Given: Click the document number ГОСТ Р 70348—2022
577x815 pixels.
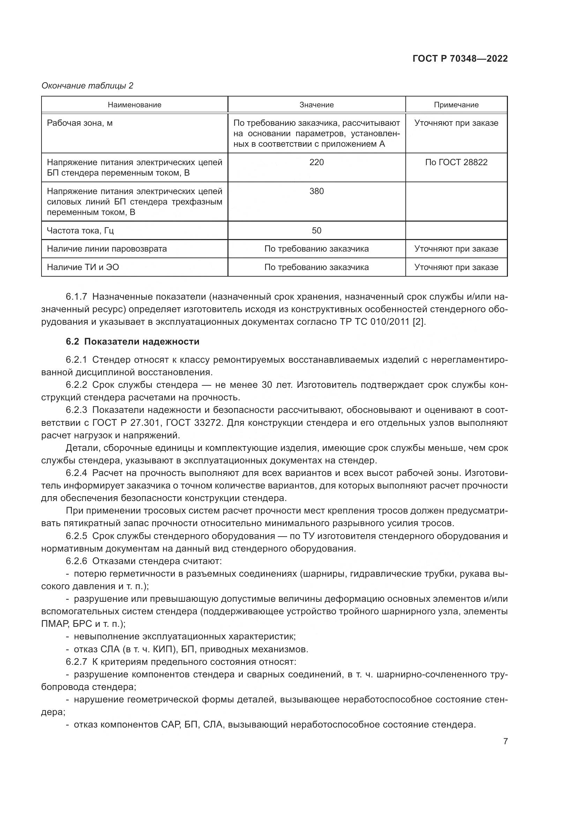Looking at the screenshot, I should pos(460,59).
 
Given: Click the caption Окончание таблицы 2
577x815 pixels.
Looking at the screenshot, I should pos(88,86).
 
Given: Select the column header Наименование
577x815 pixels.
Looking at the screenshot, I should pos(134,105).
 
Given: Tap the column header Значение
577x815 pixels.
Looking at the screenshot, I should pos(316,105).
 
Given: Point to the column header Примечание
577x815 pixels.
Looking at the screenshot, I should pos(456,105).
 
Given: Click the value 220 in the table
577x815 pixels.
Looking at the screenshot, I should pos(316,162).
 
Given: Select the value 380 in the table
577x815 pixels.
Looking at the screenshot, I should pos(316,191).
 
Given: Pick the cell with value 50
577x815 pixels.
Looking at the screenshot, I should pos(316,231).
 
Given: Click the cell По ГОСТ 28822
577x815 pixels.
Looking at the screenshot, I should pos(456,162).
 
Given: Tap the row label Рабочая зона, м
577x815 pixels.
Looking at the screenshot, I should pos(80,123).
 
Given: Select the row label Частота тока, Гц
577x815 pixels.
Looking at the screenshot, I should pos(80,231).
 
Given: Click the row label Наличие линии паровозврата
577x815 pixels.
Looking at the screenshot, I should pos(107,249).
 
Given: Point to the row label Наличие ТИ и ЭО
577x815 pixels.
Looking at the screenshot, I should pos(83,267).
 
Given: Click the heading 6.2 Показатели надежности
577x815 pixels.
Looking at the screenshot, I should pos(133,342).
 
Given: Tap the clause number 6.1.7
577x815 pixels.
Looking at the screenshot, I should pos(76,297).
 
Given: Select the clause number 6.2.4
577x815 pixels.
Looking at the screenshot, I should pos(76,473).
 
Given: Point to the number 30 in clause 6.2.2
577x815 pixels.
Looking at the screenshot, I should pos(267,385).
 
